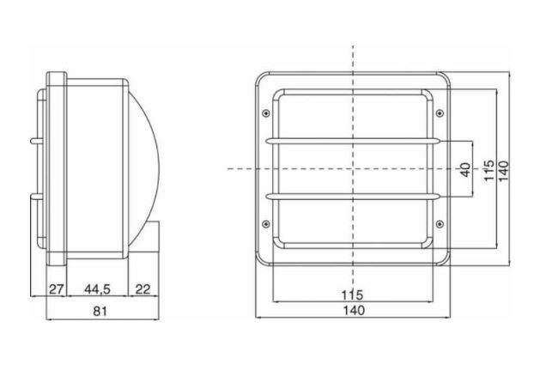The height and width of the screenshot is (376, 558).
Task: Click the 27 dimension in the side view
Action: (56, 289)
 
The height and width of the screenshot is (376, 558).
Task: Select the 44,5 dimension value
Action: (97, 289)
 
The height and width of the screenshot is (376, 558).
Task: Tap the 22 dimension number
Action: (143, 289)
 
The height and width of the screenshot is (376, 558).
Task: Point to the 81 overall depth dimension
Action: (100, 311)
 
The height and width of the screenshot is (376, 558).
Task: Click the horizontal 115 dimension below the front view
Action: (352, 295)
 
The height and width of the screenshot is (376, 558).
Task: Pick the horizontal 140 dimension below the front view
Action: (354, 310)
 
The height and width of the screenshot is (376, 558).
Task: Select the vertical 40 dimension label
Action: (465, 169)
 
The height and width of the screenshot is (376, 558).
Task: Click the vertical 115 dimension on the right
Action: (489, 170)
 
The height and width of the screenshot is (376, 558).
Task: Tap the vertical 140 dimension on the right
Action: (504, 171)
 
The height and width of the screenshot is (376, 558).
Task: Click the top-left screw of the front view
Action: (265, 113)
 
